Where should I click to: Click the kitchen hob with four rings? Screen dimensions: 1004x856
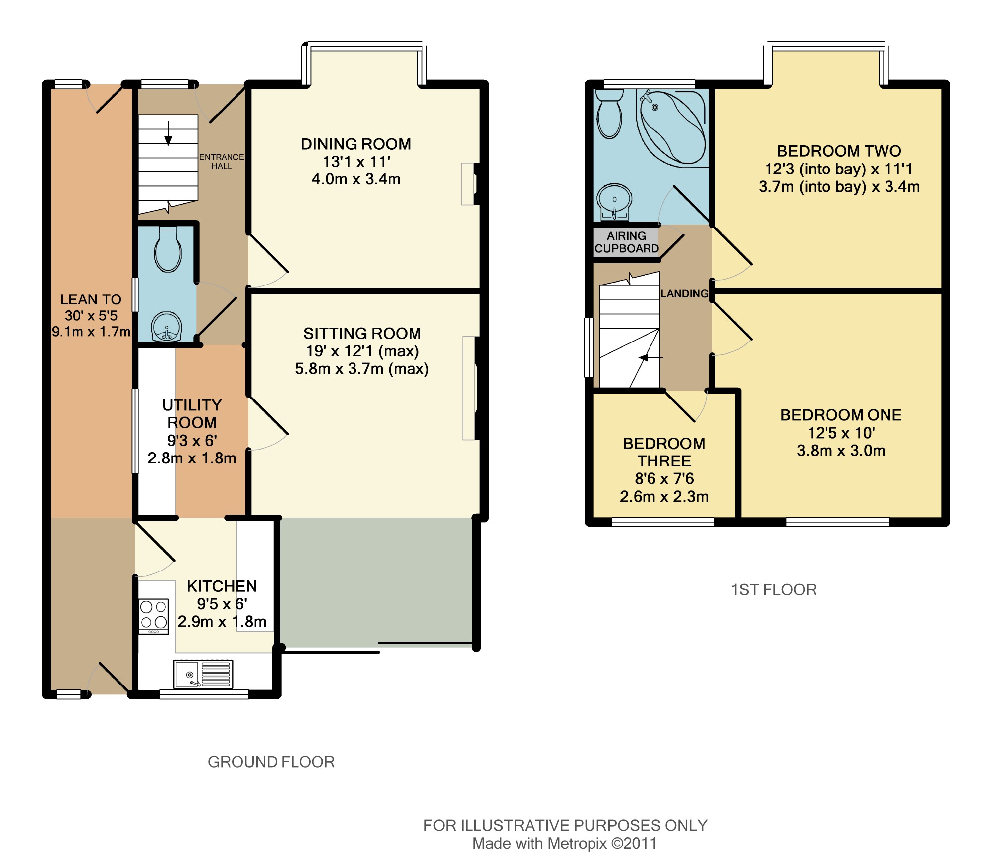coord(154,617)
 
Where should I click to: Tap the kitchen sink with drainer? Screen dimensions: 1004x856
coord(203,674)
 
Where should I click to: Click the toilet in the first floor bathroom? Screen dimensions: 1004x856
coord(609,114)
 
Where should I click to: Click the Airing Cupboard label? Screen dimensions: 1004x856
coord(627,242)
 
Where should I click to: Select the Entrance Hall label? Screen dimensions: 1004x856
coord(222,162)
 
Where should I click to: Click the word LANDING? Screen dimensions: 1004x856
coord(684,294)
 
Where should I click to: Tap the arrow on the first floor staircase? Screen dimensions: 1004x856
coord(651,357)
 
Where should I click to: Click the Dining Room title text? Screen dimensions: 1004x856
coord(356,144)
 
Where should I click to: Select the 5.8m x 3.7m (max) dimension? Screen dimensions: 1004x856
coord(362,369)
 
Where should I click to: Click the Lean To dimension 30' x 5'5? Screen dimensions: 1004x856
coord(91,316)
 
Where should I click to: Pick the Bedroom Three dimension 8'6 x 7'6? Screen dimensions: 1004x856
coord(664,479)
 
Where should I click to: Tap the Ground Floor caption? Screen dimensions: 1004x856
coord(271,762)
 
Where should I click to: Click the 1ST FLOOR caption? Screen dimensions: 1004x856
coord(774,590)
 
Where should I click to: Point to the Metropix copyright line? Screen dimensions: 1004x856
coord(565,843)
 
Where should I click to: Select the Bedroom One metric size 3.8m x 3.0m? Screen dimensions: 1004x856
coord(841,451)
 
